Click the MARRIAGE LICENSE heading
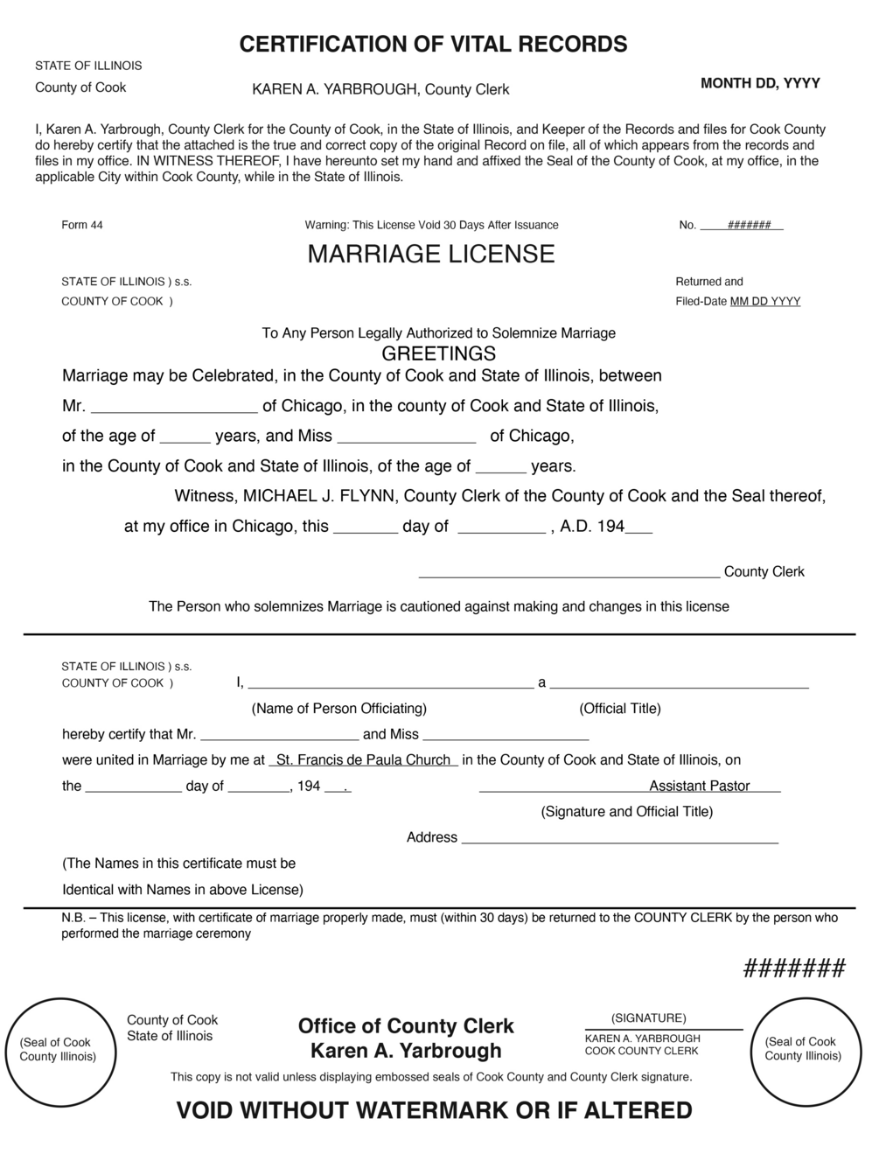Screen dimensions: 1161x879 (x=431, y=255)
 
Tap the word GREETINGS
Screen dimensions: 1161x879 (x=439, y=354)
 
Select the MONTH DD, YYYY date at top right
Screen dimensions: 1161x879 (x=760, y=83)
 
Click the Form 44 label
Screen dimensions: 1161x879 (x=82, y=226)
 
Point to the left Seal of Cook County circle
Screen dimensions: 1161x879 (x=58, y=1049)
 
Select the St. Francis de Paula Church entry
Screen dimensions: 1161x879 (x=363, y=760)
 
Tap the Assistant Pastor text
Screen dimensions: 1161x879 (x=699, y=787)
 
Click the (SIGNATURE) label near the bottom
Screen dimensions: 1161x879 (x=649, y=1018)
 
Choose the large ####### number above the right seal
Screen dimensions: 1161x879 (x=794, y=969)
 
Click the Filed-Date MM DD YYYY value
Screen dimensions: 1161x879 (x=764, y=302)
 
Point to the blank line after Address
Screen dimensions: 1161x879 (x=619, y=841)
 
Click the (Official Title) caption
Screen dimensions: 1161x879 (x=620, y=709)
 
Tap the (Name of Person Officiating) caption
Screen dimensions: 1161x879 (x=339, y=709)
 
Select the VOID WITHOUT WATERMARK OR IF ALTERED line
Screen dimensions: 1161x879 (x=434, y=1111)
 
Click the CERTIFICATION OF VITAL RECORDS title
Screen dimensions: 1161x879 (x=433, y=45)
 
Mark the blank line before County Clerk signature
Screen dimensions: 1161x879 (x=569, y=575)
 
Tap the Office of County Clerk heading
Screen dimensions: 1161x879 (x=406, y=1026)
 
